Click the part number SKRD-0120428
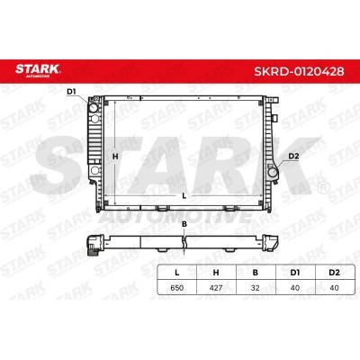(x=299, y=71)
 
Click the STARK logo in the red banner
(x=38, y=70)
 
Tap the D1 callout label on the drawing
(x=71, y=92)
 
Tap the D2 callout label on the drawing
(x=293, y=156)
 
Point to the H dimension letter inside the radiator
(x=115, y=157)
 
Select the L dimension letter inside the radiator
(x=184, y=195)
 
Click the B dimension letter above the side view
(x=184, y=224)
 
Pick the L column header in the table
(x=177, y=273)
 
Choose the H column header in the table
(x=216, y=273)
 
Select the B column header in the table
(x=256, y=273)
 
